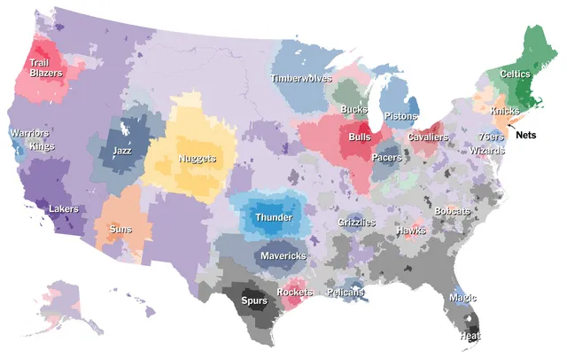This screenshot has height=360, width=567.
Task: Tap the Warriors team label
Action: tap(27, 133)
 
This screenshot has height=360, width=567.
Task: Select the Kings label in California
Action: tap(42, 145)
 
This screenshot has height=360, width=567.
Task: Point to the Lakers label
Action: tap(63, 209)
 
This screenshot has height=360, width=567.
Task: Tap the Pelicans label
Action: tap(345, 293)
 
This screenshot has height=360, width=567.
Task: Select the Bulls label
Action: tap(360, 138)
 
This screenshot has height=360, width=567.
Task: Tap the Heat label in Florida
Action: tap(470, 337)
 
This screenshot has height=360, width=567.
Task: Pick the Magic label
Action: tap(462, 299)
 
